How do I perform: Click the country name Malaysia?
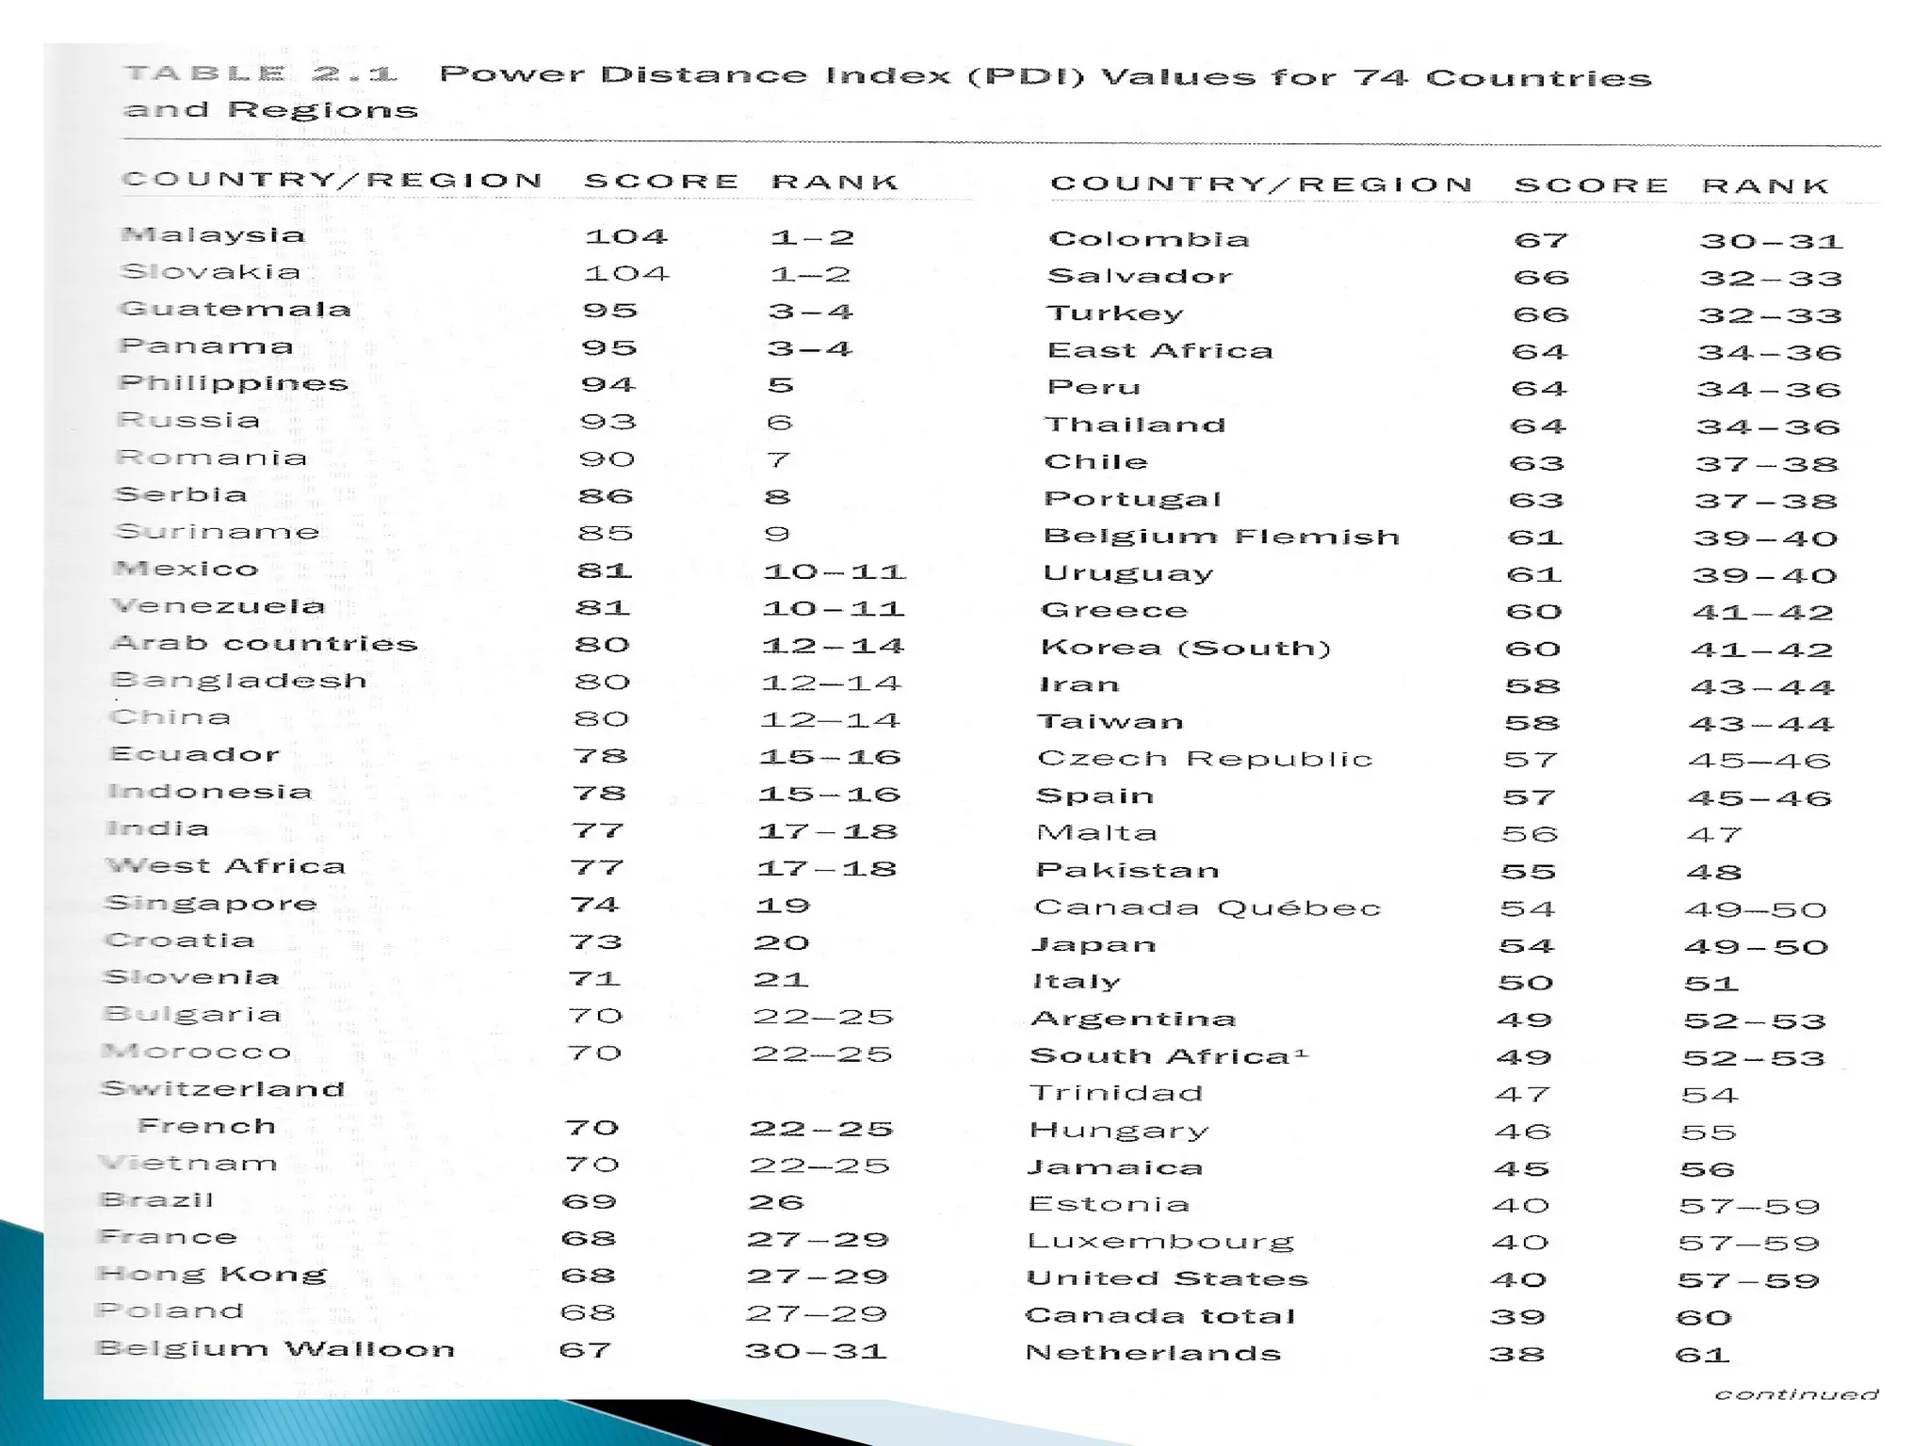[214, 234]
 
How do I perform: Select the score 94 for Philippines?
[608, 384]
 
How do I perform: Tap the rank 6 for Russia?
[780, 422]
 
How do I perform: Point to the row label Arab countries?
[264, 644]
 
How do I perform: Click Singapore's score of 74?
[594, 905]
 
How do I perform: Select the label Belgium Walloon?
[276, 1349]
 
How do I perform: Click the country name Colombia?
[1149, 239]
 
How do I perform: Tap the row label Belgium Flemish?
[1222, 537]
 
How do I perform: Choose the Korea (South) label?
[1186, 648]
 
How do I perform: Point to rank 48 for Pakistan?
[1714, 872]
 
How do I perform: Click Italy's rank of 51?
[1710, 984]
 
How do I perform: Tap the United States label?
[1167, 1278]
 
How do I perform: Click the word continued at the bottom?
[1796, 1394]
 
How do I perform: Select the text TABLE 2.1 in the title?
[261, 73]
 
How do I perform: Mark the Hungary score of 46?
[1522, 1132]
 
